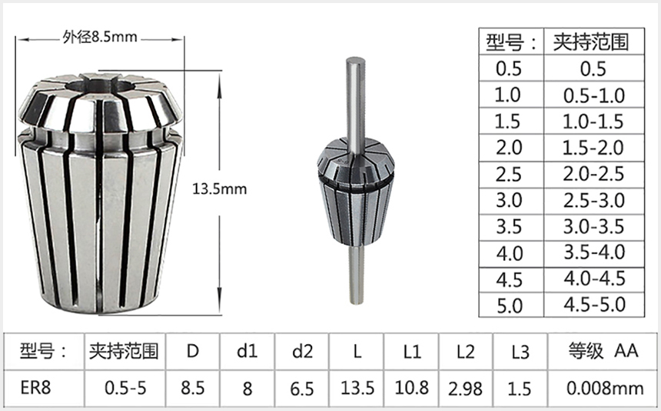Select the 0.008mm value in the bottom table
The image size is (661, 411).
tap(604, 387)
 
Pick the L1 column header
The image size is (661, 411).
tap(412, 353)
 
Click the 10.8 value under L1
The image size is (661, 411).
tap(412, 387)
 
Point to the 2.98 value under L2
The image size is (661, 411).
tap(465, 387)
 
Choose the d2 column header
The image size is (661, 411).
tap(303, 353)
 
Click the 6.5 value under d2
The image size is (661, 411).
tap(303, 387)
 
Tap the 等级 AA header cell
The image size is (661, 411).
tap(604, 352)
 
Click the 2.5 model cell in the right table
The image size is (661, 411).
tap(508, 173)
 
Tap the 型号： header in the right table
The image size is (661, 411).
tap(508, 42)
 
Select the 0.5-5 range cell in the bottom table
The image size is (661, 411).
tap(123, 387)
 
